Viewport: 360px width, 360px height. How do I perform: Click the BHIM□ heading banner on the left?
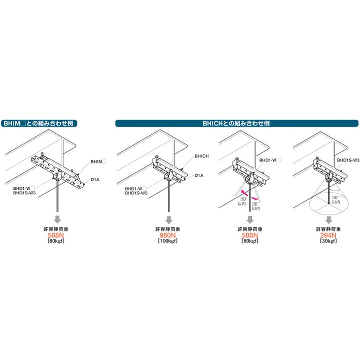click(39, 123)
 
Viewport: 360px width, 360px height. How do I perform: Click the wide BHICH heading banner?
click(237, 123)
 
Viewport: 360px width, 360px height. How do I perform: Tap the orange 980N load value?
click(167, 235)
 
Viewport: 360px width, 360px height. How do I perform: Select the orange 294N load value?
click(328, 235)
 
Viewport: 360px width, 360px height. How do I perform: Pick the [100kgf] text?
click(167, 241)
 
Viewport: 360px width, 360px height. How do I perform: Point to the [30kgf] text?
click(328, 241)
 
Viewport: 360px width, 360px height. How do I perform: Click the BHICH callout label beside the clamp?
click(202, 156)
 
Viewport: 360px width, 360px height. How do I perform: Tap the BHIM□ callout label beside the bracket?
click(98, 162)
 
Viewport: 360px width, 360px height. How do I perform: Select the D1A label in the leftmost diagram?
click(95, 180)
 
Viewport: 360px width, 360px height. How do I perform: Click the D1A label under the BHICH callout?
click(199, 175)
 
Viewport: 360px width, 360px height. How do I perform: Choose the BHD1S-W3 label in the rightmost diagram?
click(348, 160)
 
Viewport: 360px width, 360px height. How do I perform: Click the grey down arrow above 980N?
click(169, 220)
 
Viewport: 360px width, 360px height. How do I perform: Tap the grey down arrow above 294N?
click(329, 220)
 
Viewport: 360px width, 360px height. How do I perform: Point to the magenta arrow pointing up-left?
click(244, 193)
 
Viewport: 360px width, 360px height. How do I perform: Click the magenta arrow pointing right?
click(255, 198)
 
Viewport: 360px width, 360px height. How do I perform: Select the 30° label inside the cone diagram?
click(335, 198)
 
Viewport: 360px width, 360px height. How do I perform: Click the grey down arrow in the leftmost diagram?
click(58, 220)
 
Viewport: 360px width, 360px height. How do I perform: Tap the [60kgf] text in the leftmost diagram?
click(56, 241)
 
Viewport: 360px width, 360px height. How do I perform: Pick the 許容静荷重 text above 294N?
click(328, 229)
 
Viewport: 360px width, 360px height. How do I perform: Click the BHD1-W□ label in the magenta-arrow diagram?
click(270, 160)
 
